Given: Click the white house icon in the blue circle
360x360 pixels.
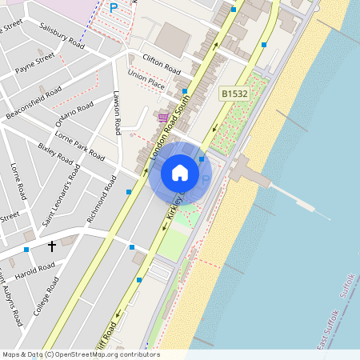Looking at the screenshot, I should [180, 172].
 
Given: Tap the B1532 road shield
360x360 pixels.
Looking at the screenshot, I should [234, 94].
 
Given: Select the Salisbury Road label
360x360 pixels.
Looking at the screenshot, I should [62, 34].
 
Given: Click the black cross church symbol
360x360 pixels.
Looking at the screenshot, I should [52, 246].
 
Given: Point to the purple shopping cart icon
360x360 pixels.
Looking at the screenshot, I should [163, 118].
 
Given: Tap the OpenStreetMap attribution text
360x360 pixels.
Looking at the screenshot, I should [80, 354].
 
